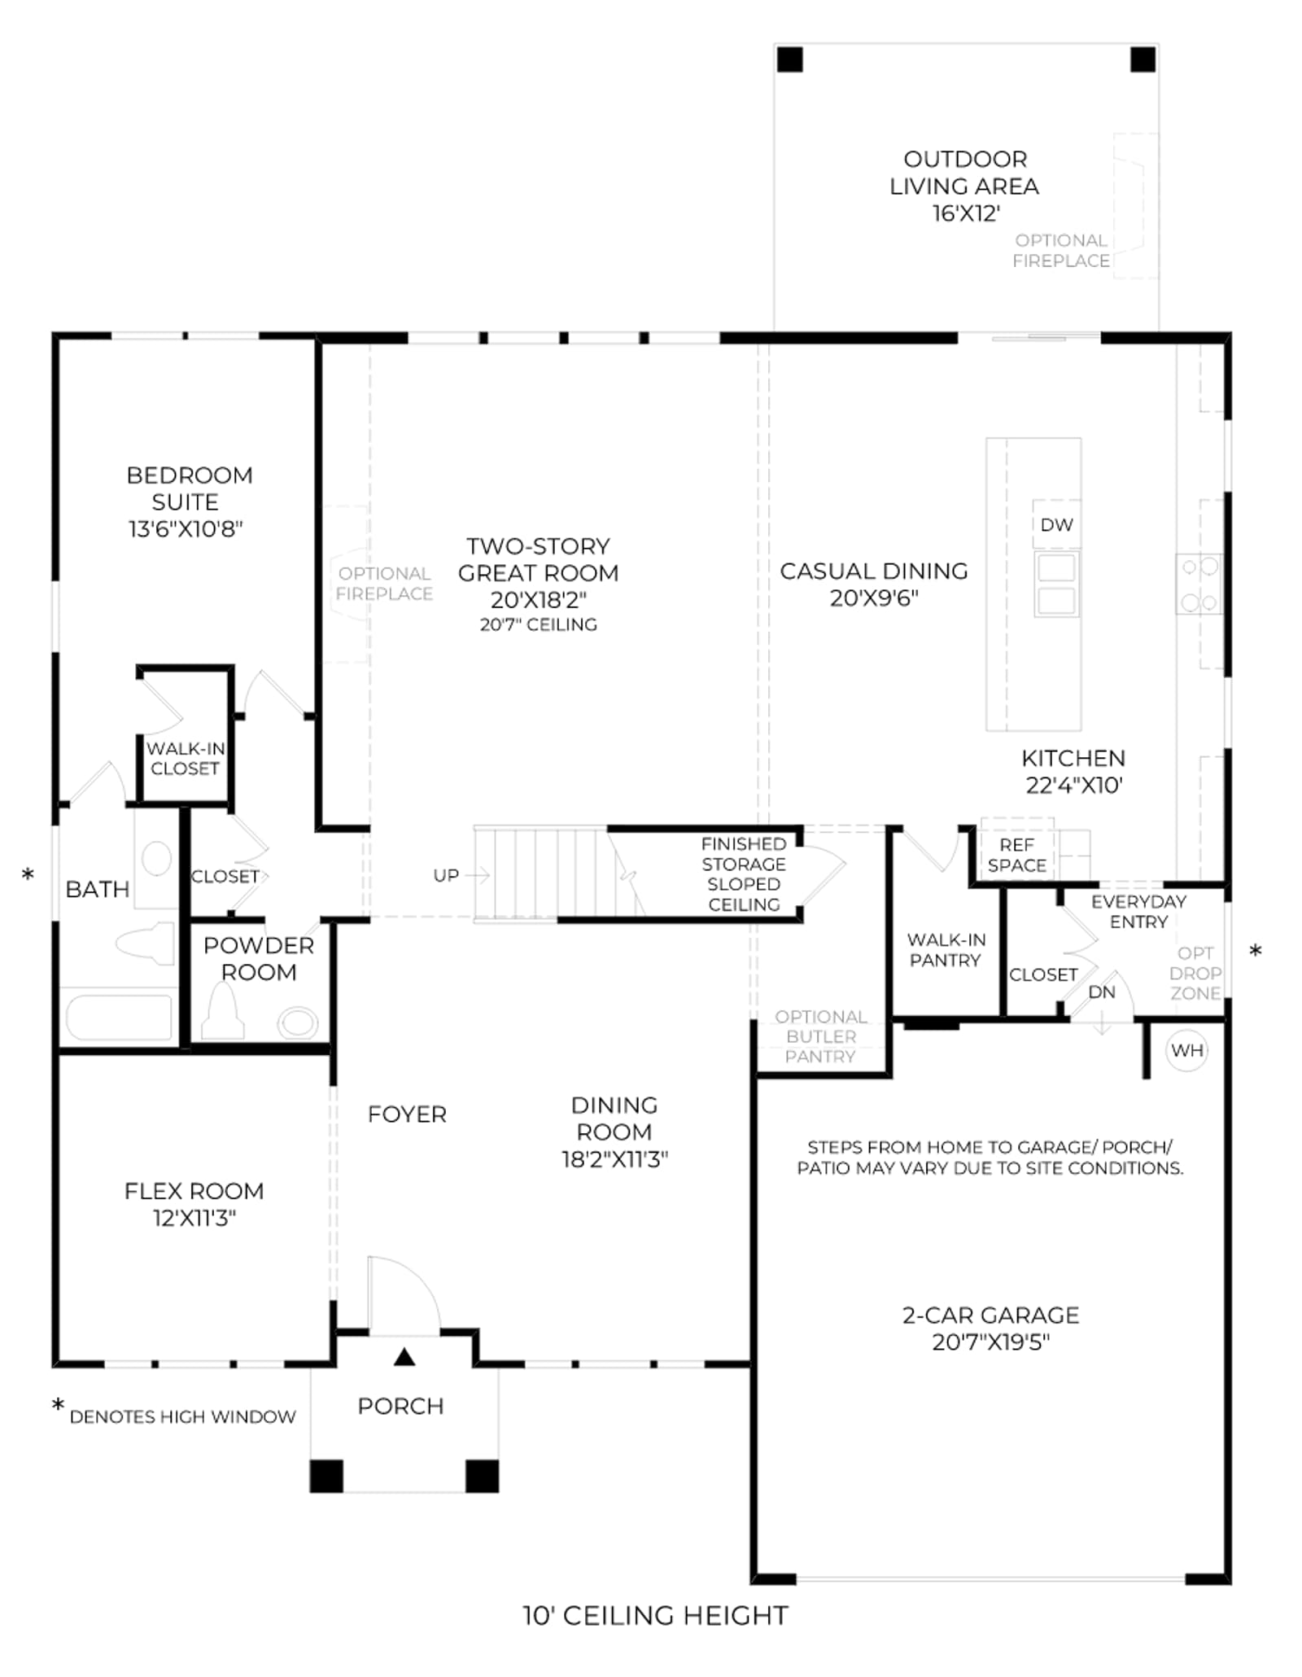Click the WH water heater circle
pyautogui.click(x=1186, y=1050)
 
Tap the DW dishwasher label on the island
pyautogui.click(x=1056, y=525)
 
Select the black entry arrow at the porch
pyautogui.click(x=404, y=1357)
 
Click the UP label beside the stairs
pyautogui.click(x=446, y=875)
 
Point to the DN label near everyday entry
pyautogui.click(x=1101, y=992)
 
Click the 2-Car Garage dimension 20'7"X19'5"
pyautogui.click(x=990, y=1342)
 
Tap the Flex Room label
pyautogui.click(x=194, y=1191)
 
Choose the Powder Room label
pyautogui.click(x=259, y=958)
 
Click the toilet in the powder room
pyautogui.click(x=223, y=1012)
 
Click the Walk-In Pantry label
pyautogui.click(x=946, y=950)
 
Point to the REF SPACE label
pyautogui.click(x=1017, y=855)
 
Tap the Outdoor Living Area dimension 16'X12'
pyautogui.click(x=965, y=213)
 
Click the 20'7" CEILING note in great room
pyautogui.click(x=538, y=624)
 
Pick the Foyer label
pyautogui.click(x=407, y=1114)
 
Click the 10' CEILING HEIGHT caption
pyautogui.click(x=655, y=1615)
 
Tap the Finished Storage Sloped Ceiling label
pyautogui.click(x=744, y=874)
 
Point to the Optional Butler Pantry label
pyautogui.click(x=820, y=1036)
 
